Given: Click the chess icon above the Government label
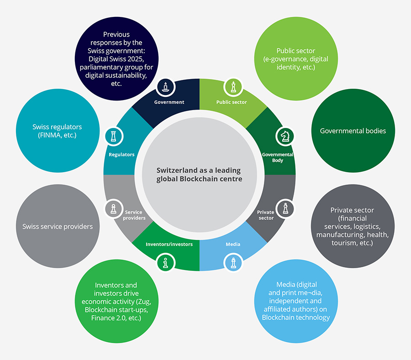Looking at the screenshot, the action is pyautogui.click(x=165, y=87).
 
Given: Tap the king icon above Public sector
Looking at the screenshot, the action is pyautogui.click(x=233, y=87).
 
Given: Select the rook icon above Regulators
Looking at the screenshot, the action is pyautogui.click(x=114, y=136).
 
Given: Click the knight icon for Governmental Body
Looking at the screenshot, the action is pyautogui.click(x=285, y=136).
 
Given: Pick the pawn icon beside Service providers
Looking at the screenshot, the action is pyautogui.click(x=114, y=209).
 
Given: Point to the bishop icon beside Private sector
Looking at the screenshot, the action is pyautogui.click(x=285, y=209).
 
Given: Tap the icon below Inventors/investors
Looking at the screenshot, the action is pyautogui.click(x=165, y=263).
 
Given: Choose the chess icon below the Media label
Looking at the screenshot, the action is pyautogui.click(x=233, y=263).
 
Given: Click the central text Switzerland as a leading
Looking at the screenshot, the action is pyautogui.click(x=199, y=170).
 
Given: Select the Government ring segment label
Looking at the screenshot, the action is pyautogui.click(x=169, y=102).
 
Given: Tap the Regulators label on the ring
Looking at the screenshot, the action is pyautogui.click(x=121, y=155).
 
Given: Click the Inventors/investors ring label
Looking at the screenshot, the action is pyautogui.click(x=169, y=244).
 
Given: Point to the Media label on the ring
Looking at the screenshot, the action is pyautogui.click(x=233, y=244).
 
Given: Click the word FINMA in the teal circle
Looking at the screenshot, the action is pyautogui.click(x=50, y=135).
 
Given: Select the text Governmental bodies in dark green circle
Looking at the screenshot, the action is pyautogui.click(x=353, y=131).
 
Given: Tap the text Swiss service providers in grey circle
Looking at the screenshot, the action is pyautogui.click(x=58, y=227).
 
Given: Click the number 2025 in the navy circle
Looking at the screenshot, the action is pyautogui.click(x=136, y=59).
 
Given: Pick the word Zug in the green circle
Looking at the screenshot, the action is pyautogui.click(x=143, y=302).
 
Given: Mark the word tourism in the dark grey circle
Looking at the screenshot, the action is pyautogui.click(x=343, y=243).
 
